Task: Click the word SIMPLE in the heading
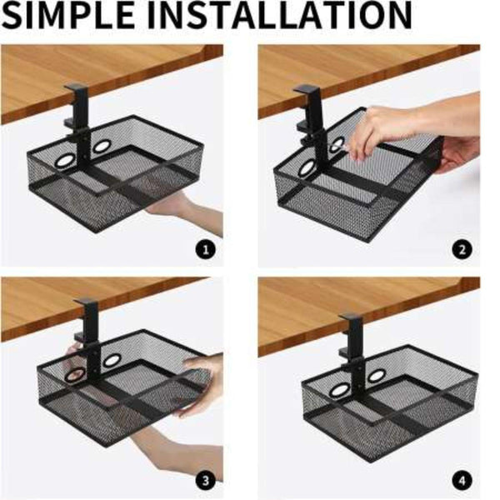coord(67,15)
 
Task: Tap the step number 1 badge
coord(206,250)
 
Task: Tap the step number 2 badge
coord(462,250)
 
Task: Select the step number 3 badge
coord(206,480)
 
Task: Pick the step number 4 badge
coord(462,480)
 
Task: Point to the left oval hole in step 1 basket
coord(65,162)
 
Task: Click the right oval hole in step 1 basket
coord(102,146)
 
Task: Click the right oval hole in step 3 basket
coord(111,361)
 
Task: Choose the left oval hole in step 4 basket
coord(340,390)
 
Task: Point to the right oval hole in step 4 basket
coord(377,376)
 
